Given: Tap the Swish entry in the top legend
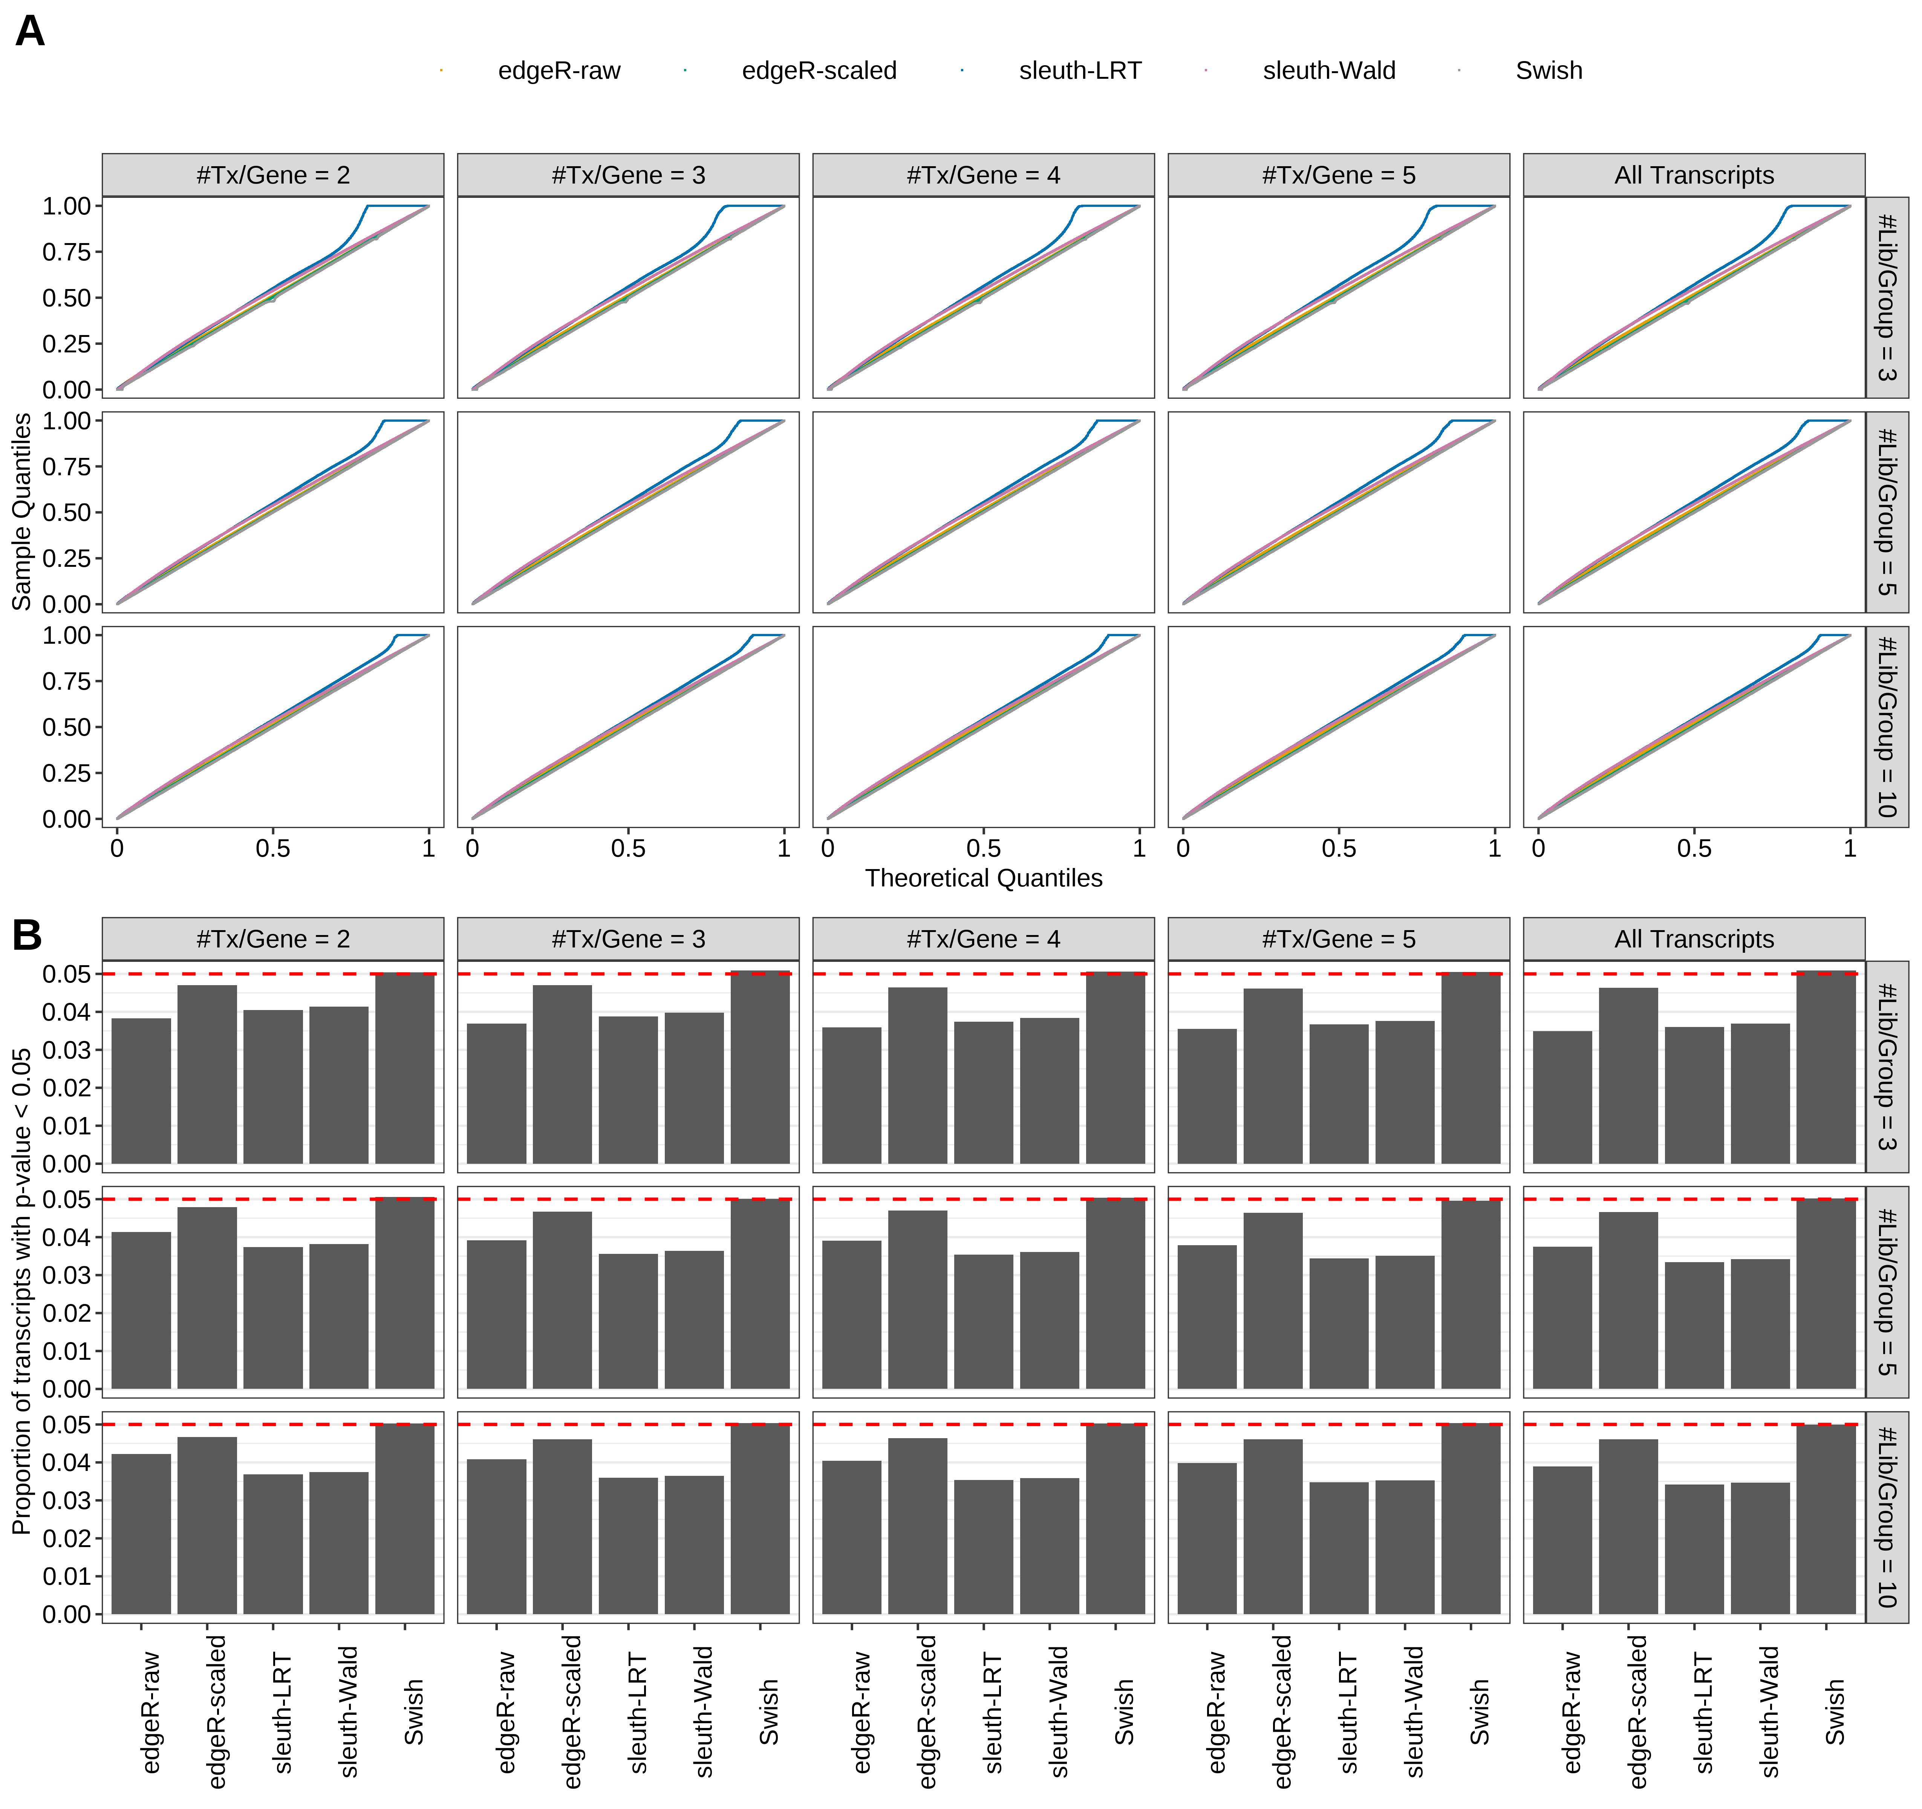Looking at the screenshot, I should point(1548,70).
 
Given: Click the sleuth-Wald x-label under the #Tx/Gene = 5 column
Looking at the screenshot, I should point(1414,1711).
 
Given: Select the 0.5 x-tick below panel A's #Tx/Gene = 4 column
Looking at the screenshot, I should point(983,849).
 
